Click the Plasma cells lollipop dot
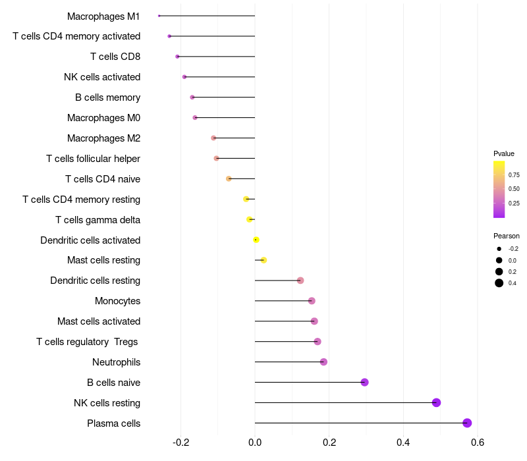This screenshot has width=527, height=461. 467,423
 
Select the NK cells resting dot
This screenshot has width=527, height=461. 436,402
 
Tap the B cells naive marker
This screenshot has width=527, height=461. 364,382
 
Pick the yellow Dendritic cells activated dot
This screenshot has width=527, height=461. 256,240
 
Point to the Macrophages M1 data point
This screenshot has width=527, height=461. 159,16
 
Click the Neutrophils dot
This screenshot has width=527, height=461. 323,362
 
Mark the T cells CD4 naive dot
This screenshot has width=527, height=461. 229,178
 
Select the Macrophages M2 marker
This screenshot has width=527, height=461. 213,138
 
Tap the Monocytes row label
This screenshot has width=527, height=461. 117,301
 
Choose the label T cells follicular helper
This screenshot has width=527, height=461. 93,158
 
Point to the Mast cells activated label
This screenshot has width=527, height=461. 99,321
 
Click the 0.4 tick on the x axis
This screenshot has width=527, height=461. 403,442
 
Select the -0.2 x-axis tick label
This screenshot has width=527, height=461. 180,442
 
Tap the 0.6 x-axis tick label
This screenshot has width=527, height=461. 477,442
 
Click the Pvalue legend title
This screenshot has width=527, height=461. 504,153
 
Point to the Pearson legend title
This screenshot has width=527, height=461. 506,236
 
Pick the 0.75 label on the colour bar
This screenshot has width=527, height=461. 514,175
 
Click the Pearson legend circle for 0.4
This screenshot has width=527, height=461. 499,283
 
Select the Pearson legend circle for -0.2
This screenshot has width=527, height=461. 499,249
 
